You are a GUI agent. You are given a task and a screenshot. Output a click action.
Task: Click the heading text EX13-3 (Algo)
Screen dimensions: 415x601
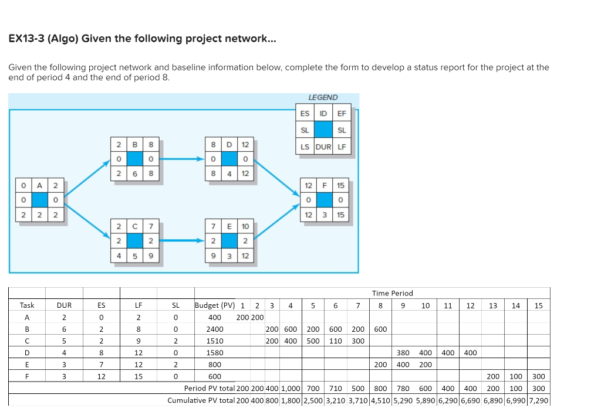click(x=43, y=39)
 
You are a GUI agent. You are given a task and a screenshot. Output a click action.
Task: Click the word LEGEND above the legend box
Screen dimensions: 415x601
click(x=323, y=97)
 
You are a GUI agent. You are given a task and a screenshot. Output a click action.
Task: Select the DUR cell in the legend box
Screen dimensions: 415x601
click(x=323, y=147)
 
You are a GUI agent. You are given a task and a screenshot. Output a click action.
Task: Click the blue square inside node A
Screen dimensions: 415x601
click(x=39, y=199)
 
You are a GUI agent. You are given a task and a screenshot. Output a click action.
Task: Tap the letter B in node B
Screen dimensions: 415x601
click(x=134, y=144)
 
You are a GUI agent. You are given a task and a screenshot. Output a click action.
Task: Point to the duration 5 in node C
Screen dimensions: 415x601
click(x=134, y=256)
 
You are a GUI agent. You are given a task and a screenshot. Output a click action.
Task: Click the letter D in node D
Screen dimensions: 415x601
click(x=228, y=144)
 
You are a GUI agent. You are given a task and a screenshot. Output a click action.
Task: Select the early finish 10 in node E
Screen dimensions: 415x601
click(x=245, y=226)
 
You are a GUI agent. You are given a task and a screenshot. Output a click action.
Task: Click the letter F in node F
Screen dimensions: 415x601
click(x=323, y=185)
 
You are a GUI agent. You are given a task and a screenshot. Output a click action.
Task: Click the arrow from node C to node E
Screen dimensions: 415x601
click(x=182, y=240)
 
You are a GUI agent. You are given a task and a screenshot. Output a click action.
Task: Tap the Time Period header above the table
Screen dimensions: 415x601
click(x=392, y=293)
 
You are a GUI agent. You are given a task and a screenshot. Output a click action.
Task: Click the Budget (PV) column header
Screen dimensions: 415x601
click(x=215, y=305)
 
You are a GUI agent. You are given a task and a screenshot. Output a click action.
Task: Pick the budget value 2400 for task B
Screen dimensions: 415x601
click(x=215, y=329)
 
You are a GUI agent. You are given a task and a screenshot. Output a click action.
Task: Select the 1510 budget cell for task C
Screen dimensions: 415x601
click(x=215, y=341)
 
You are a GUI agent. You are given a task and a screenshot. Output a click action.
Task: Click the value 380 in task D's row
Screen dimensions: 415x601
click(x=403, y=353)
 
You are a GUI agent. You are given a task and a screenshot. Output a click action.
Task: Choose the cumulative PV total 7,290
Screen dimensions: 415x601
click(x=539, y=400)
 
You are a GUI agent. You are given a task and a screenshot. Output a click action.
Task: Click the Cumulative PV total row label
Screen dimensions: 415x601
click(x=201, y=400)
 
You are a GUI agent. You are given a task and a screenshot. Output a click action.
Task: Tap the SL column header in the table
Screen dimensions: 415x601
click(x=175, y=305)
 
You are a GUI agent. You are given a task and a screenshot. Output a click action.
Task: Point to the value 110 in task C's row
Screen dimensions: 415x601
click(x=335, y=341)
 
